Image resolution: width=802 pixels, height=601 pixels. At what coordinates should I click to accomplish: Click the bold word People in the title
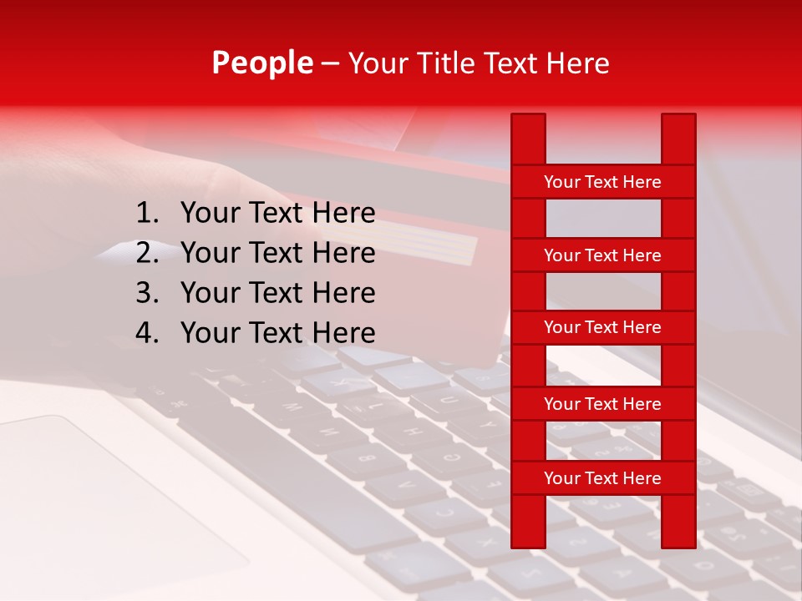click(x=262, y=63)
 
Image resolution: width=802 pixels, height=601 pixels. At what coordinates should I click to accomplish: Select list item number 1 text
click(x=277, y=214)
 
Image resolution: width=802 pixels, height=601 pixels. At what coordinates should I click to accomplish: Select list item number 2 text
click(x=277, y=253)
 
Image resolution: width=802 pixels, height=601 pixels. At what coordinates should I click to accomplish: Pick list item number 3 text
click(x=277, y=293)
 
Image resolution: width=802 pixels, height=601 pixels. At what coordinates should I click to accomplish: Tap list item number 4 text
click(x=277, y=333)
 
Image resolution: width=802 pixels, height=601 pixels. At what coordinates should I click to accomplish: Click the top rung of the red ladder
click(x=602, y=182)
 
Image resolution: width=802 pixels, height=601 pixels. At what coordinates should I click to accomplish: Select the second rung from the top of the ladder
click(x=602, y=255)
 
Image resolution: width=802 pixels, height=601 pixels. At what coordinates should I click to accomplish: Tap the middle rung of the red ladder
click(x=602, y=327)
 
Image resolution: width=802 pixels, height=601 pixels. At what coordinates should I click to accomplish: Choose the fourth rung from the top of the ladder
click(x=602, y=404)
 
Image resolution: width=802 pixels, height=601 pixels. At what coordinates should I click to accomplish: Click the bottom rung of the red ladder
click(x=602, y=478)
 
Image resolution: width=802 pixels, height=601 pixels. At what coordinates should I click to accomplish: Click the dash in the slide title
click(x=330, y=64)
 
